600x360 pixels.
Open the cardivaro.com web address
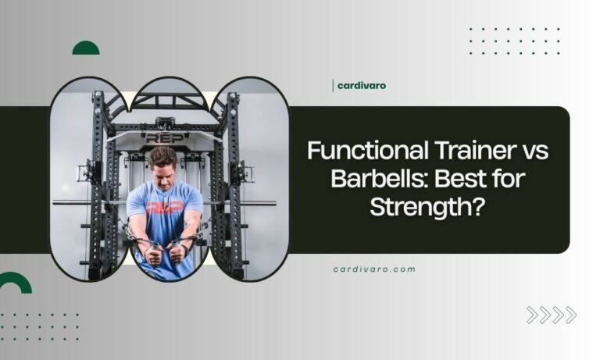click(x=374, y=269)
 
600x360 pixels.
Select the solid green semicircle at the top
click(x=86, y=49)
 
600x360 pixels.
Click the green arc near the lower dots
click(x=14, y=283)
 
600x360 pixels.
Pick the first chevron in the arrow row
click(x=533, y=315)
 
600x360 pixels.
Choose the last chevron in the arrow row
click(x=570, y=315)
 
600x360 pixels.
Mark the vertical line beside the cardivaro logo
click(x=333, y=86)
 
